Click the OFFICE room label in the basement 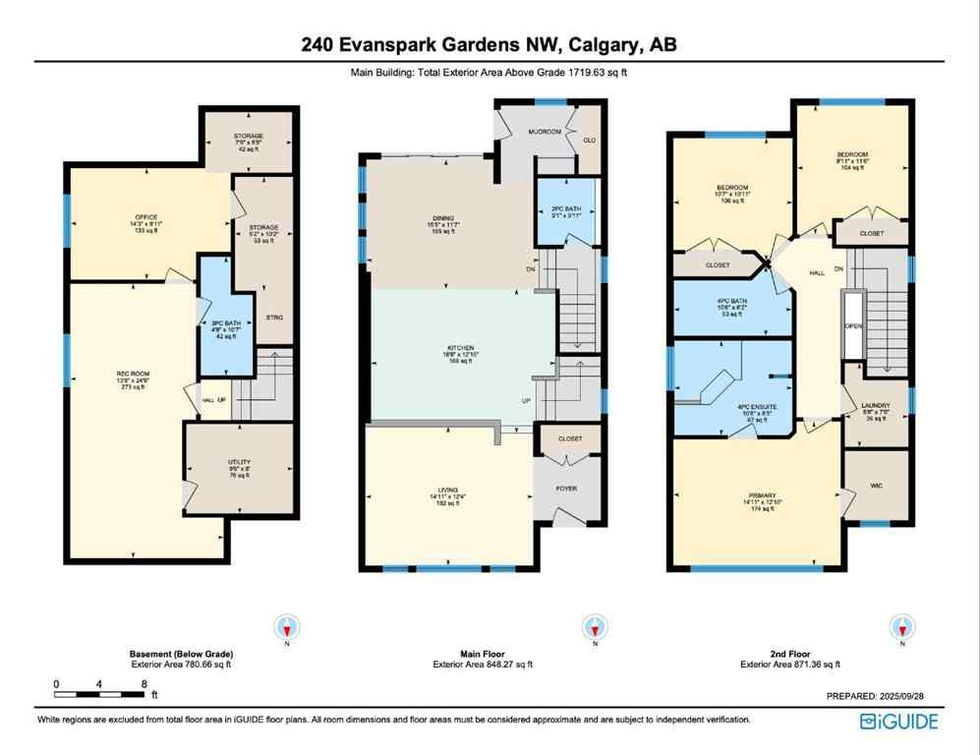click(x=146, y=217)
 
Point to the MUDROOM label click(x=546, y=132)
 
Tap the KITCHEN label click(x=460, y=348)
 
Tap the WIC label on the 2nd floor click(x=878, y=485)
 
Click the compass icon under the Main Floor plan click(x=594, y=627)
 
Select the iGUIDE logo click(x=898, y=722)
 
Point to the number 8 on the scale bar click(x=144, y=683)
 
